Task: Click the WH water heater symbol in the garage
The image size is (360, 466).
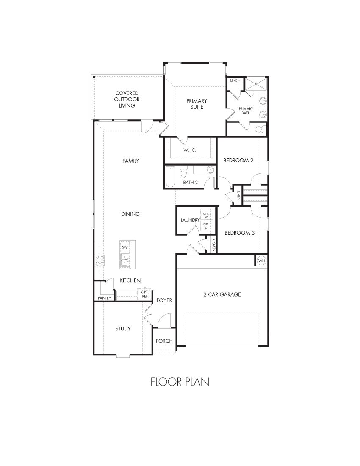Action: coord(261,261)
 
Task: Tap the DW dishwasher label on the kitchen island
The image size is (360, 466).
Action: coord(125,247)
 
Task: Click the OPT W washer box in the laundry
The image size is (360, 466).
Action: coord(206,215)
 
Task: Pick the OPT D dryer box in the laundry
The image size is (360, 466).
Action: coord(206,226)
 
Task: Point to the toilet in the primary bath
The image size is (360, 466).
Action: coord(261,129)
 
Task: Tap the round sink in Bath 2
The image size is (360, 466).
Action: coord(210,170)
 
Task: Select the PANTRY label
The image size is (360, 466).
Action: coord(104,298)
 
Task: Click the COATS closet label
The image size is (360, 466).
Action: coord(214,245)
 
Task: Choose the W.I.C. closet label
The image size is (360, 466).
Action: coord(190,150)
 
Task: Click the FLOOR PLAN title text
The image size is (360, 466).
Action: coord(180,382)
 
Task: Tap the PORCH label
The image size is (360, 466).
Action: coord(163,341)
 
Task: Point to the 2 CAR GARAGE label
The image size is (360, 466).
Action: coord(222,294)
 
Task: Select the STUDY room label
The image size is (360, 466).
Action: coord(123,329)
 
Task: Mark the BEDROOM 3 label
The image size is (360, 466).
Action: coord(239,233)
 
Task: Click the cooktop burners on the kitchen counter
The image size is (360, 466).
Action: coord(100,260)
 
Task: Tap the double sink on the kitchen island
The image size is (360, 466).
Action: coord(125,260)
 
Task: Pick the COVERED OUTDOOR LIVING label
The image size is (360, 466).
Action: coord(127,99)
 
